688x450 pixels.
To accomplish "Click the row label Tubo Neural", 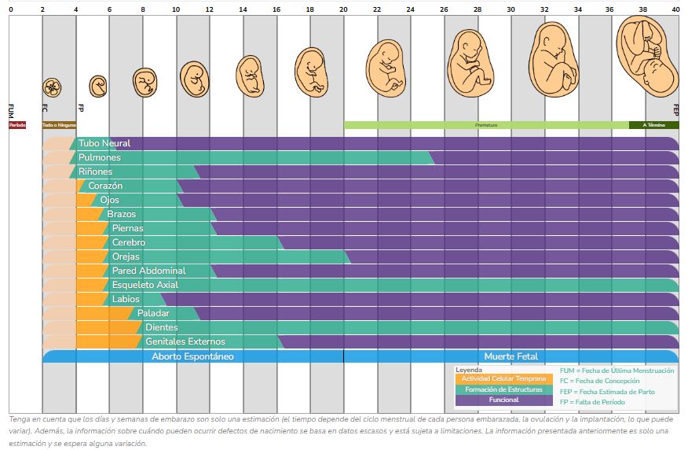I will click(104, 143).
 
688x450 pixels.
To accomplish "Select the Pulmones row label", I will click(100, 157).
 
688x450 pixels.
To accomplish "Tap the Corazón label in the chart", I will click(105, 186).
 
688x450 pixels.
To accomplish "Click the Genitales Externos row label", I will click(185, 341).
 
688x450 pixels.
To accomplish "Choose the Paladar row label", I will click(153, 313).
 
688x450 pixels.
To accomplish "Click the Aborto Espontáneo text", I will click(192, 356).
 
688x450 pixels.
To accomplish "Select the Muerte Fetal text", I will click(511, 356).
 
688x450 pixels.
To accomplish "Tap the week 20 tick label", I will click(344, 9).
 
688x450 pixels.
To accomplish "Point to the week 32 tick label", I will click(544, 9).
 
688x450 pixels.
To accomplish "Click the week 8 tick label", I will click(143, 9).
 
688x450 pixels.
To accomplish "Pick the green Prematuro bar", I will click(486, 124).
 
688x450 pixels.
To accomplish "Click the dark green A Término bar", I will click(654, 124).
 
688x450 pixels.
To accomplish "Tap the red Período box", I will click(17, 124).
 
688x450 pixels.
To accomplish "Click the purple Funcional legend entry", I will click(503, 400).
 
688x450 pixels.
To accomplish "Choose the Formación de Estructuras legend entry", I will click(503, 389).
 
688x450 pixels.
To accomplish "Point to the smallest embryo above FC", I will click(53, 87).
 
